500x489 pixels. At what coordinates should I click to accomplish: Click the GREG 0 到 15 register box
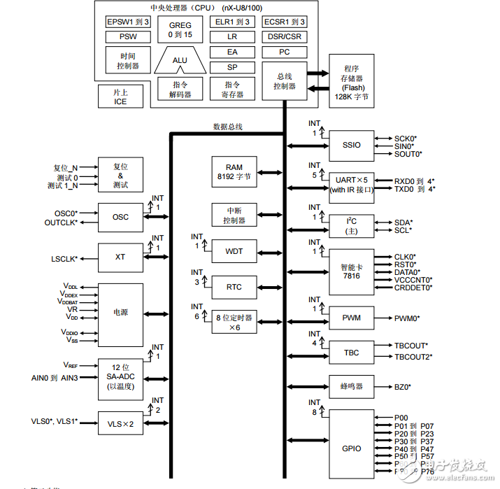(180, 29)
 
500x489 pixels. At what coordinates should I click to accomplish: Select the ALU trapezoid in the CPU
(180, 61)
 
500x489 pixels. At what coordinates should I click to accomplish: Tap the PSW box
(127, 36)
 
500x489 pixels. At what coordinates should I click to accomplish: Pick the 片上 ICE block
(120, 97)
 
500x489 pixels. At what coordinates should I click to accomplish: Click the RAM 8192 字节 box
(234, 172)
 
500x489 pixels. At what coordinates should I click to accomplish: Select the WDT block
(234, 251)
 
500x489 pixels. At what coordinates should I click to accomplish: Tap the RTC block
(234, 287)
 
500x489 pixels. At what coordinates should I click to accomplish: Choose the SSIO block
(352, 145)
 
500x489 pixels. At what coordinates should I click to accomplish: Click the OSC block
(120, 217)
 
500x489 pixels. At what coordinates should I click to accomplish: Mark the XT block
(120, 257)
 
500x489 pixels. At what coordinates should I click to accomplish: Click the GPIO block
(352, 447)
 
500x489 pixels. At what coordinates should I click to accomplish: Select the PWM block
(352, 318)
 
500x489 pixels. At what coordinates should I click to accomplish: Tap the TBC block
(352, 351)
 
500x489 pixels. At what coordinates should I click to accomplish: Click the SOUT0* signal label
(408, 154)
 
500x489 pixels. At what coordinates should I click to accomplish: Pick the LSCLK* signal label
(64, 258)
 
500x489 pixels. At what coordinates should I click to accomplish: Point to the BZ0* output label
(402, 386)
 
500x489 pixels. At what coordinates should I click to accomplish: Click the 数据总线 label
(227, 127)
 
